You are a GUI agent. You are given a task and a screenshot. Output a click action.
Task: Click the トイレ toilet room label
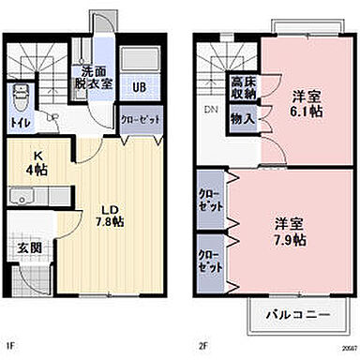tap(19, 122)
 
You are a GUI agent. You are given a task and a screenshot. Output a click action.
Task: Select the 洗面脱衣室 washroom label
tap(93, 76)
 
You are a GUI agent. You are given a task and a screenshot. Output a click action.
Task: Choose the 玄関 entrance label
tap(28, 247)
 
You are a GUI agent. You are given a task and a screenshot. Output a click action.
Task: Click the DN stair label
tap(210, 109)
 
